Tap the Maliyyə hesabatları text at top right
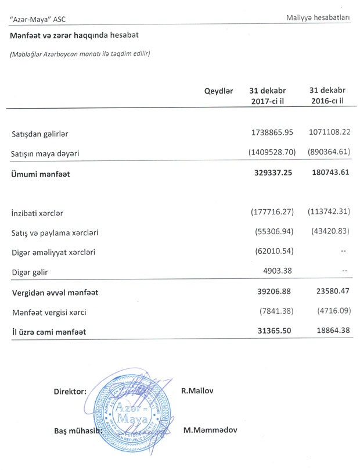(318, 18)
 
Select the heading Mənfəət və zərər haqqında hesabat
(74, 35)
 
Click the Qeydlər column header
(219, 91)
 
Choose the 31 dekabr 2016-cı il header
(327, 96)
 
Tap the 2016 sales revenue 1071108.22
(329, 133)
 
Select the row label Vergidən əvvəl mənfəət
(55, 292)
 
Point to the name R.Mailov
(197, 391)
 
